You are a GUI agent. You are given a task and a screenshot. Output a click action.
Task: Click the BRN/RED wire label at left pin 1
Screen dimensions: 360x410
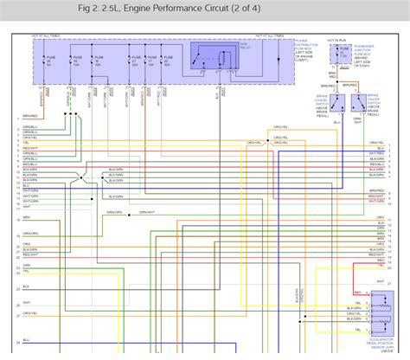(30, 115)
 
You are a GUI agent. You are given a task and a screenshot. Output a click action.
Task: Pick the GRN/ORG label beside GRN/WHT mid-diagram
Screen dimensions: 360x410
(114, 212)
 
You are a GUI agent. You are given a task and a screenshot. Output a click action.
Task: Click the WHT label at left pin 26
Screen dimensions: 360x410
(28, 302)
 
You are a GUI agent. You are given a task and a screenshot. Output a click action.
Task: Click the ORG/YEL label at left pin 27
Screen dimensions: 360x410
(30, 312)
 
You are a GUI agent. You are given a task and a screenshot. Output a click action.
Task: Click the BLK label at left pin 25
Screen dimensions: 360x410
(27, 285)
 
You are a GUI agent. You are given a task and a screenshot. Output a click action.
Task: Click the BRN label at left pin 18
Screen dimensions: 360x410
(27, 219)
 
